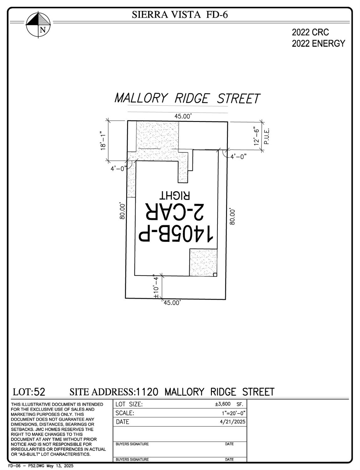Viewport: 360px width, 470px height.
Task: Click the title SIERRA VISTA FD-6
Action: coord(180,14)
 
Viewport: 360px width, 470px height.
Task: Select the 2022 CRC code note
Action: coord(310,32)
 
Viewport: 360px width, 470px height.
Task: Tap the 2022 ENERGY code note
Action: coord(318,43)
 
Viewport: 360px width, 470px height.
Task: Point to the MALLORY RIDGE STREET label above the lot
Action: coord(187,98)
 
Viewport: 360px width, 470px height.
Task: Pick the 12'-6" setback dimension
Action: coord(257,136)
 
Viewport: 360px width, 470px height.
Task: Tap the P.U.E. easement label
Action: coord(267,136)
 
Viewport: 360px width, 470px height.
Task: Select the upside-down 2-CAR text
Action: coord(174,212)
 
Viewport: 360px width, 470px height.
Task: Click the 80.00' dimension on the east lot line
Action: coord(232,216)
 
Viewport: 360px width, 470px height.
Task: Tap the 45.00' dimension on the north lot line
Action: coord(183,116)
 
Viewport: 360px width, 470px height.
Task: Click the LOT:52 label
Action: coord(29,392)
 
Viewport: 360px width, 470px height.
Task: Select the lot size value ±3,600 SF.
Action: coord(228,404)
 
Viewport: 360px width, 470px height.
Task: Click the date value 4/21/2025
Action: coord(233,422)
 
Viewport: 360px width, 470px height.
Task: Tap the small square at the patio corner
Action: coord(215,275)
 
